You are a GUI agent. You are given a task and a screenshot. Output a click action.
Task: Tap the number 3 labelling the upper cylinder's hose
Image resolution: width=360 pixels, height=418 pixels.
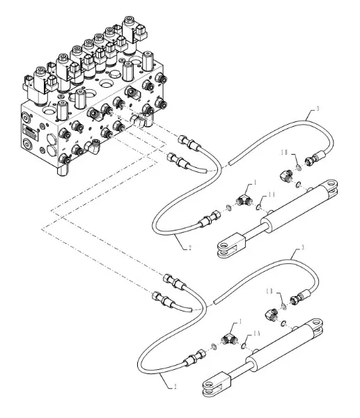tap(318, 109)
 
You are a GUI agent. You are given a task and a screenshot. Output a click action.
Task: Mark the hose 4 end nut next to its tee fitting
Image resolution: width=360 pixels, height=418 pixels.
tap(191, 358)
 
